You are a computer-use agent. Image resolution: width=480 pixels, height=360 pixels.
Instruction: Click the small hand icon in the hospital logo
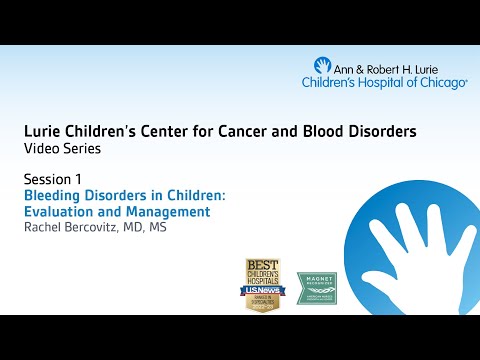click(x=322, y=66)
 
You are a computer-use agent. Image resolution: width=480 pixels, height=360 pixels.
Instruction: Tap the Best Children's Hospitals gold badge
click(x=264, y=284)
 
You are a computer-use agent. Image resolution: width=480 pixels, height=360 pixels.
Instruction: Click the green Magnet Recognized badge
click(x=316, y=288)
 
